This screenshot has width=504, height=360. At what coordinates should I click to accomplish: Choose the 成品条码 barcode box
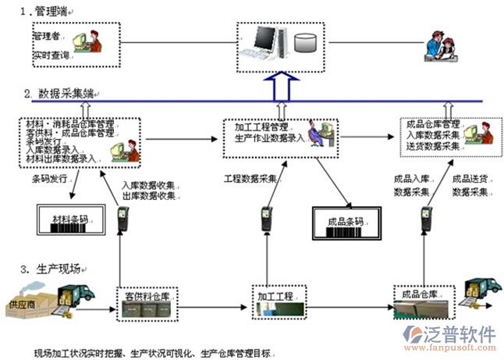pos(346,221)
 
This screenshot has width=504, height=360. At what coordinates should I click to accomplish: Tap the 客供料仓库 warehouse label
pos(148,297)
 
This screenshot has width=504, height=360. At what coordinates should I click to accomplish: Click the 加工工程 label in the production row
pos(275,297)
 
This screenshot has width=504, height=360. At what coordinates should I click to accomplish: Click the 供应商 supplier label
pos(21,302)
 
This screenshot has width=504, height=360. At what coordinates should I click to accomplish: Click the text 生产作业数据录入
pos(268,138)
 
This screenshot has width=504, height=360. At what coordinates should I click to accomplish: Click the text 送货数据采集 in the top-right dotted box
pos(435,146)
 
